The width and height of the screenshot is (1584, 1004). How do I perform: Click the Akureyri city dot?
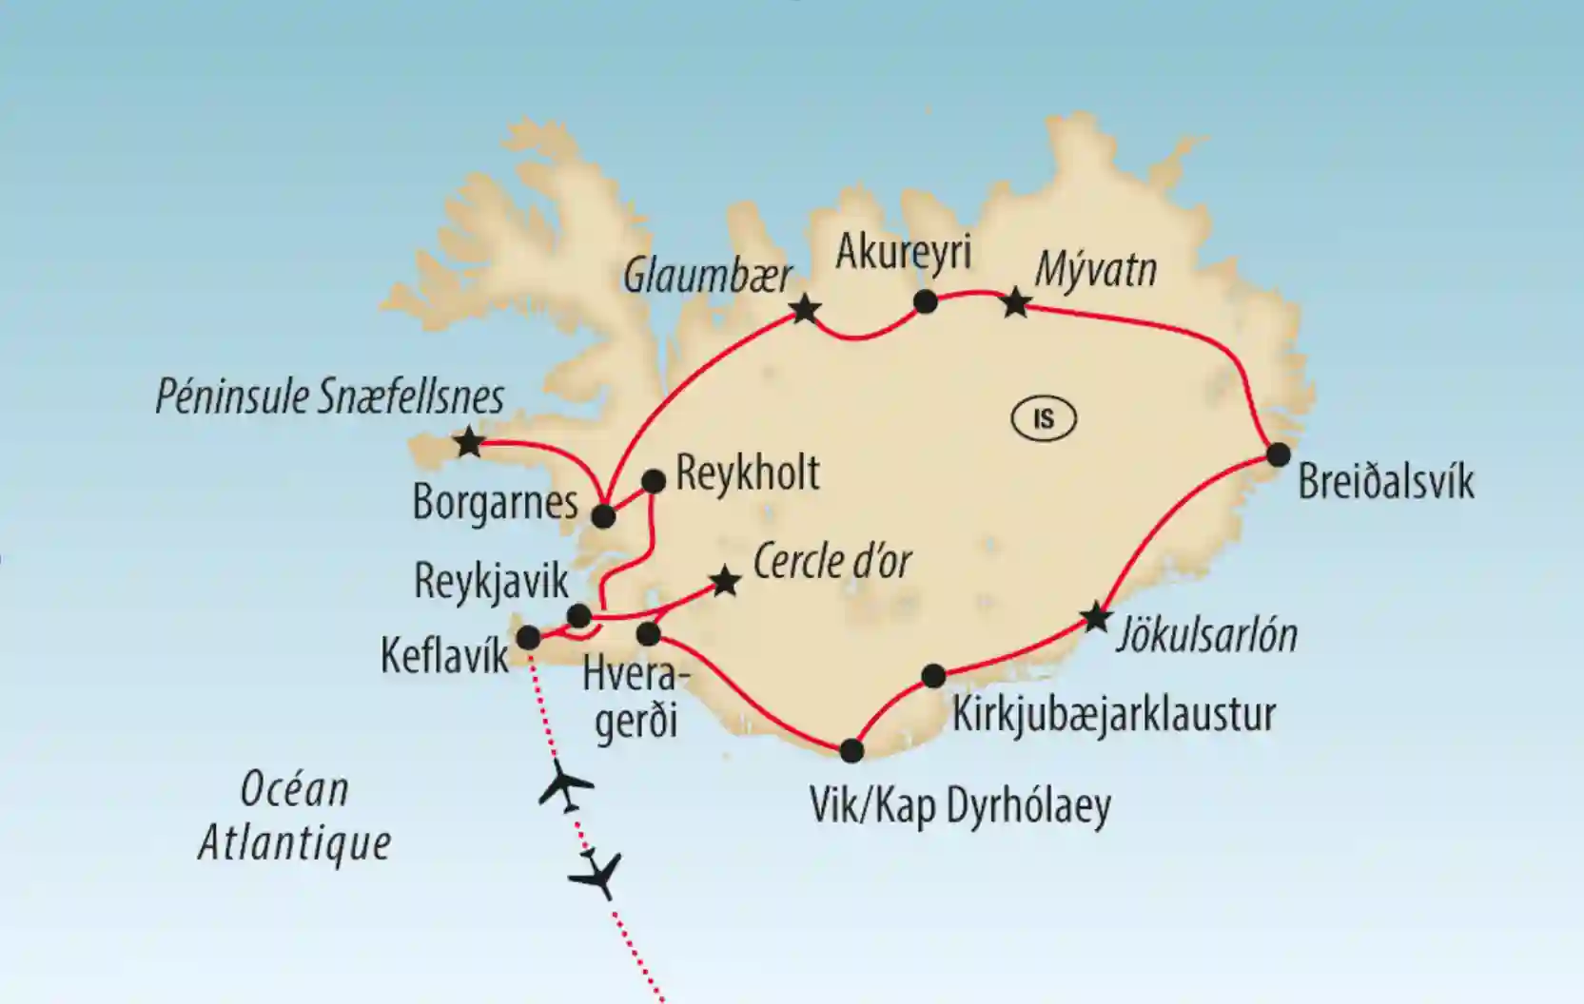pyautogui.click(x=925, y=302)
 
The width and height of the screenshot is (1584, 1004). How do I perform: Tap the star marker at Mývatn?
pyautogui.click(x=1016, y=303)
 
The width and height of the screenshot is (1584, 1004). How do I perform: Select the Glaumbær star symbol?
pyautogui.click(x=805, y=308)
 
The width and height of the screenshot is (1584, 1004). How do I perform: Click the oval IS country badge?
pyautogui.click(x=1044, y=418)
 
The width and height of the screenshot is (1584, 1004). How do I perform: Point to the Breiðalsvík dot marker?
pyautogui.click(x=1278, y=454)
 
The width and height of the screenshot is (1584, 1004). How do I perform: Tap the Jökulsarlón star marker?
pyautogui.click(x=1096, y=618)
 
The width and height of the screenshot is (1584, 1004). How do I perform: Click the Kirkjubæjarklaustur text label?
pyautogui.click(x=1113, y=714)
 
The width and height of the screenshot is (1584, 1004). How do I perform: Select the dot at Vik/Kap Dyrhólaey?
pyautogui.click(x=851, y=751)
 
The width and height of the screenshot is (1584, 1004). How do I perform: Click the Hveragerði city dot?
pyautogui.click(x=648, y=633)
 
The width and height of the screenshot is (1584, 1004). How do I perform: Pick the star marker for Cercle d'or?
pyautogui.click(x=725, y=581)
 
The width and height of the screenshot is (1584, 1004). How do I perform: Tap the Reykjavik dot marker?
pyautogui.click(x=578, y=616)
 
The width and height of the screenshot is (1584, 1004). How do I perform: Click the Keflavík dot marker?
pyautogui.click(x=528, y=638)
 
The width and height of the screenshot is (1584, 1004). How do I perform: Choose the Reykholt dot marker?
pyautogui.click(x=654, y=481)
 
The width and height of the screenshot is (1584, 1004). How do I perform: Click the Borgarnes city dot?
pyautogui.click(x=603, y=516)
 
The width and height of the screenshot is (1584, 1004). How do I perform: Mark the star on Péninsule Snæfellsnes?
pyautogui.click(x=468, y=442)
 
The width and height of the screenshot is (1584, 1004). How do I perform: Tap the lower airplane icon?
pyautogui.click(x=596, y=874)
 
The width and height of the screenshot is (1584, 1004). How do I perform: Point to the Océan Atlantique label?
pyautogui.click(x=294, y=816)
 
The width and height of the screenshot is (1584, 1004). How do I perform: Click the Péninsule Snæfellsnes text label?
pyautogui.click(x=329, y=397)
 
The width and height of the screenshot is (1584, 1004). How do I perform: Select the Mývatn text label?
pyautogui.click(x=1095, y=270)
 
